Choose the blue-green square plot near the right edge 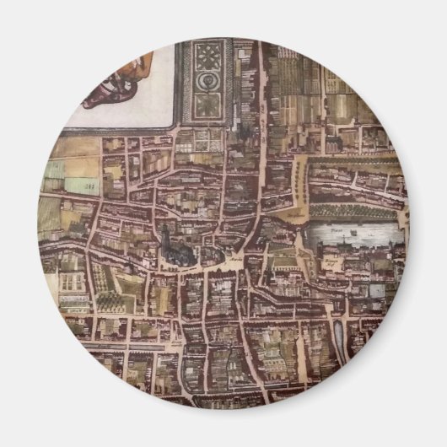pyautogui.click(x=376, y=290)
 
